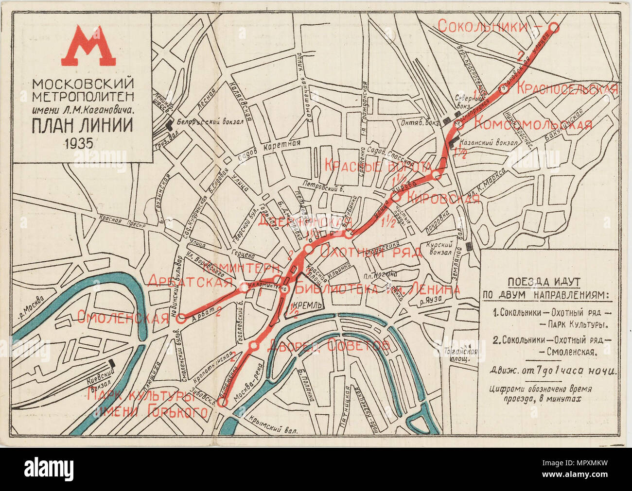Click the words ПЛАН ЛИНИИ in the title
point(82,126)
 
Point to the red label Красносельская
point(566,89)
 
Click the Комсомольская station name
point(533,124)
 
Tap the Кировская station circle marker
point(396,197)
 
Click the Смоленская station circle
point(181,319)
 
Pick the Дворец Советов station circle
point(253,346)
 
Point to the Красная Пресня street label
point(117,220)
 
